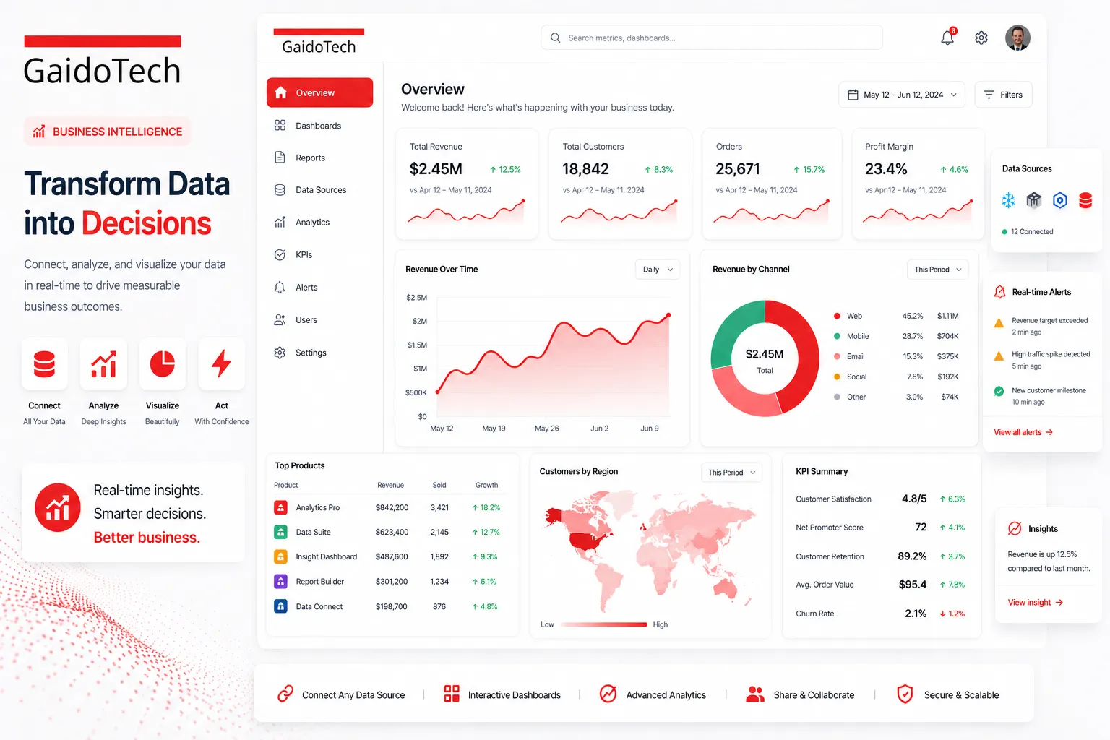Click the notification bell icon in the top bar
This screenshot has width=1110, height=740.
pos(947,38)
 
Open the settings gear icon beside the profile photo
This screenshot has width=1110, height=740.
pos(981,38)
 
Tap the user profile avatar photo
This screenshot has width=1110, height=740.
pos(1017,38)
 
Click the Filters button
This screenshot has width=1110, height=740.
pos(1003,95)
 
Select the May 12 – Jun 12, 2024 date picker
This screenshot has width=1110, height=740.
pos(902,95)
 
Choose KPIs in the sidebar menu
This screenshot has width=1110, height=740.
pos(304,255)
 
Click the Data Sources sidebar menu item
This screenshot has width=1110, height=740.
pos(320,190)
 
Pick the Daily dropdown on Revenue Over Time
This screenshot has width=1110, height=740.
pos(658,270)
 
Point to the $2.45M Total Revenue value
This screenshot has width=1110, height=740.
pos(436,169)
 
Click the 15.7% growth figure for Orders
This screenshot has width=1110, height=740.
pos(809,170)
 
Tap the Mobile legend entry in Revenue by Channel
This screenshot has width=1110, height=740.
pos(857,336)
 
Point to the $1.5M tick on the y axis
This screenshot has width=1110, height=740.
pos(417,345)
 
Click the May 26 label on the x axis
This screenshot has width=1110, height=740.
pos(546,429)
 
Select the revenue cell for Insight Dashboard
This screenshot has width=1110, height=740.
pos(392,557)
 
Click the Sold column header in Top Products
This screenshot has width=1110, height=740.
pos(439,485)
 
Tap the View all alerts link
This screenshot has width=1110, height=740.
pos(1023,432)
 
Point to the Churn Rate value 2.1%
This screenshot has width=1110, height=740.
pos(916,614)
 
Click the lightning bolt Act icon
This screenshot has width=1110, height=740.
pos(221,363)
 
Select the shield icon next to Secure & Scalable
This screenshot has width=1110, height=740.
pos(905,694)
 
